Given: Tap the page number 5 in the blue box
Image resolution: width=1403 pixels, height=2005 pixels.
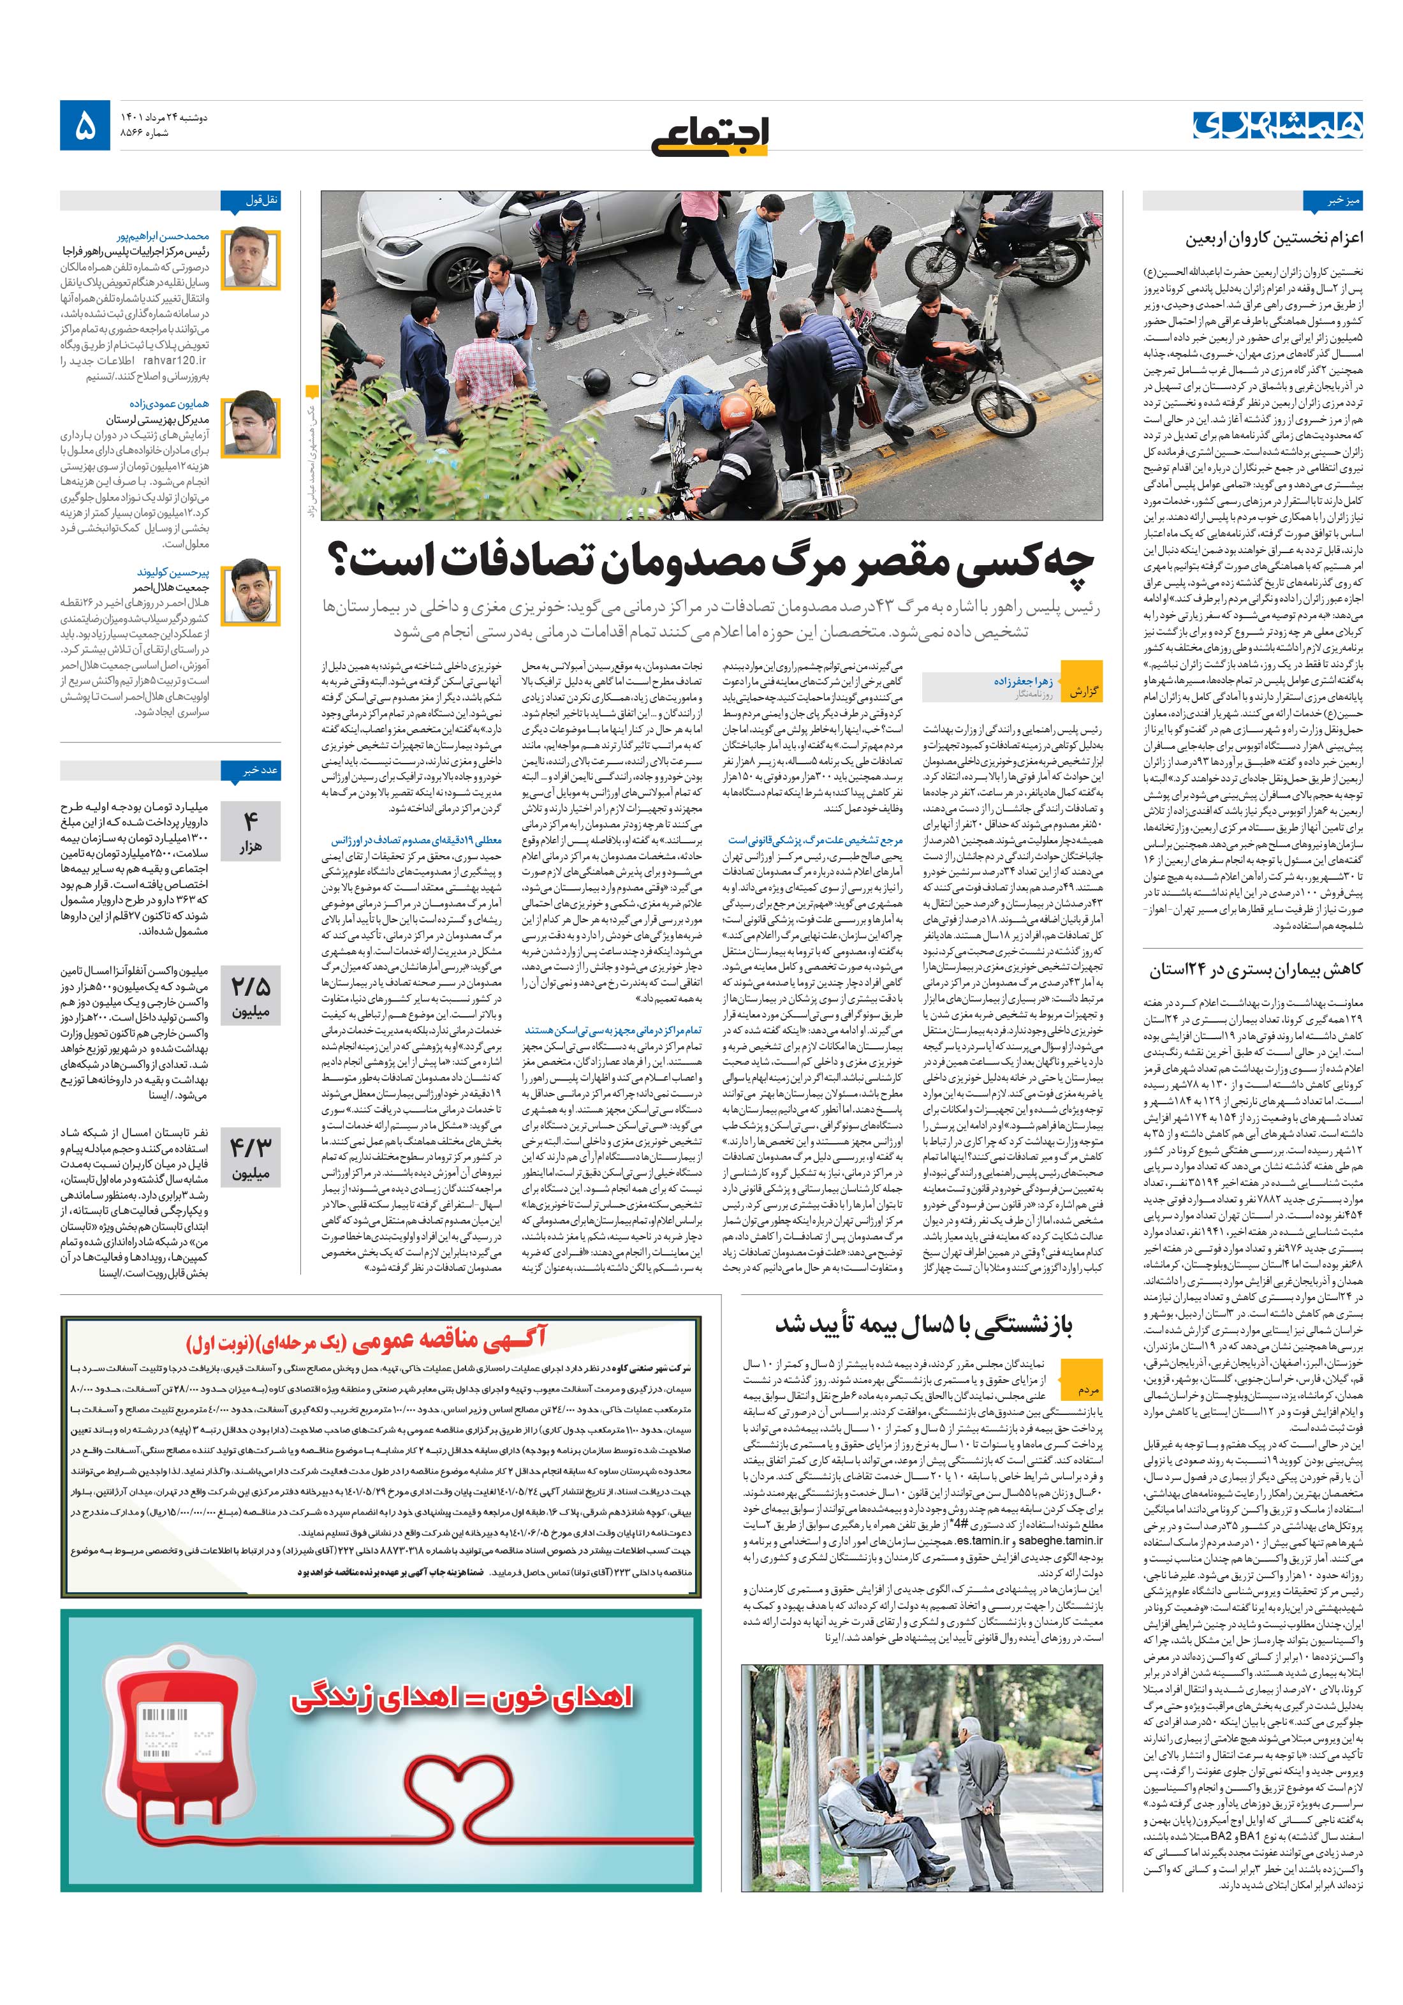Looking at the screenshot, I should [x=85, y=128].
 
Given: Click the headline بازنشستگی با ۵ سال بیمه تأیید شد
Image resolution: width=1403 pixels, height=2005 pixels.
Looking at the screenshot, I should [x=923, y=1325].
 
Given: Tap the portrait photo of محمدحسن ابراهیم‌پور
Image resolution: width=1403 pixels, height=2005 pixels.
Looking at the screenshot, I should [x=251, y=260].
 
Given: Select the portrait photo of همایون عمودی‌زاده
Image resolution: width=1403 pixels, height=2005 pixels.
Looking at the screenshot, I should [x=251, y=426].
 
